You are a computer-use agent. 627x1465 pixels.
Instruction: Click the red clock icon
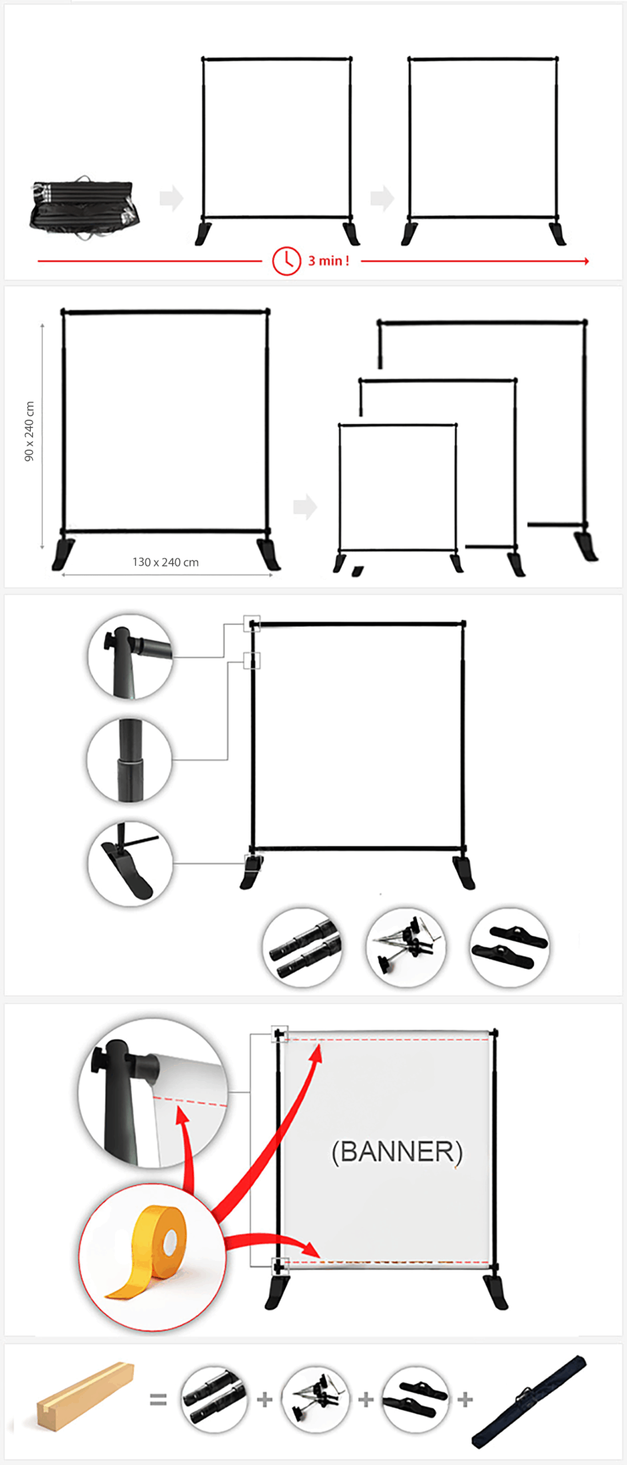tap(286, 261)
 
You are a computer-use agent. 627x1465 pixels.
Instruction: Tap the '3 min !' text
tap(328, 261)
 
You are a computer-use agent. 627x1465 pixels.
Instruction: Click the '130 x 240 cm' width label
tap(165, 562)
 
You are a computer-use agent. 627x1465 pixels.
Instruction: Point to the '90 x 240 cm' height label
tap(29, 431)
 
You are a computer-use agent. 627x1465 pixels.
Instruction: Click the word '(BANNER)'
tap(397, 1151)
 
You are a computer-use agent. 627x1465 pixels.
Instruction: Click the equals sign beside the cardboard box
tap(158, 1400)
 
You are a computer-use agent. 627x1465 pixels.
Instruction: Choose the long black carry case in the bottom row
tap(529, 1400)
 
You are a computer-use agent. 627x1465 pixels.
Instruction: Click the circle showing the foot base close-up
tap(130, 864)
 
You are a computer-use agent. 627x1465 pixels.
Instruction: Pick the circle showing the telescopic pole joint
tap(129, 760)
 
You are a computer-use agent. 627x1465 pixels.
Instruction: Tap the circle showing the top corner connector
tap(130, 656)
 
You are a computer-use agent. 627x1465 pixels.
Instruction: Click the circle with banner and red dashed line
tap(153, 1092)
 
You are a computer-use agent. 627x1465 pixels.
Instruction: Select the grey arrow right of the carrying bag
tap(171, 199)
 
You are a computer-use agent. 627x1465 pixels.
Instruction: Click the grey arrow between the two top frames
tap(382, 199)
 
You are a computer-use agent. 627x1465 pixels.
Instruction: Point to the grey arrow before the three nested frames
tap(305, 506)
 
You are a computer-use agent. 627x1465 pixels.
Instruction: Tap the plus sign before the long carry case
tap(465, 1400)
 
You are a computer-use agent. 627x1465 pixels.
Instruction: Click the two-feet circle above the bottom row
tap(509, 947)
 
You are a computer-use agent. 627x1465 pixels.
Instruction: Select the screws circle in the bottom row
tap(315, 1400)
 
